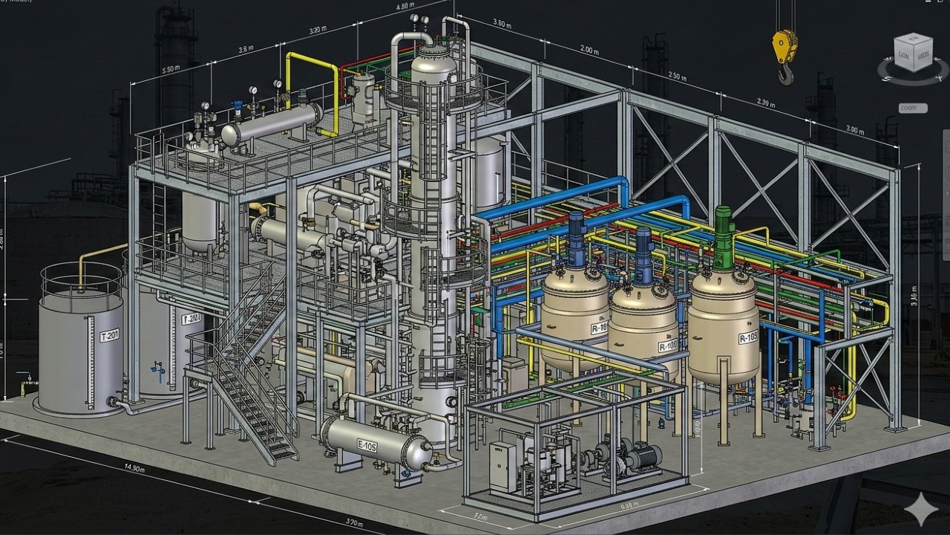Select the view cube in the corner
tap(913, 53)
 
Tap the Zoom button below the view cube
tap(912, 108)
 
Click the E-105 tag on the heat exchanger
tap(367, 446)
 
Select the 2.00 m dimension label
tap(589, 51)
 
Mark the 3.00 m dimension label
tap(855, 130)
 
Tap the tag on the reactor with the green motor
tap(747, 338)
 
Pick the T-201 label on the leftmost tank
tap(109, 336)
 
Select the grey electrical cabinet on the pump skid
tap(502, 466)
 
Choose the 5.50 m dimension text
tap(170, 68)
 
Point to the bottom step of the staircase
tap(284, 454)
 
